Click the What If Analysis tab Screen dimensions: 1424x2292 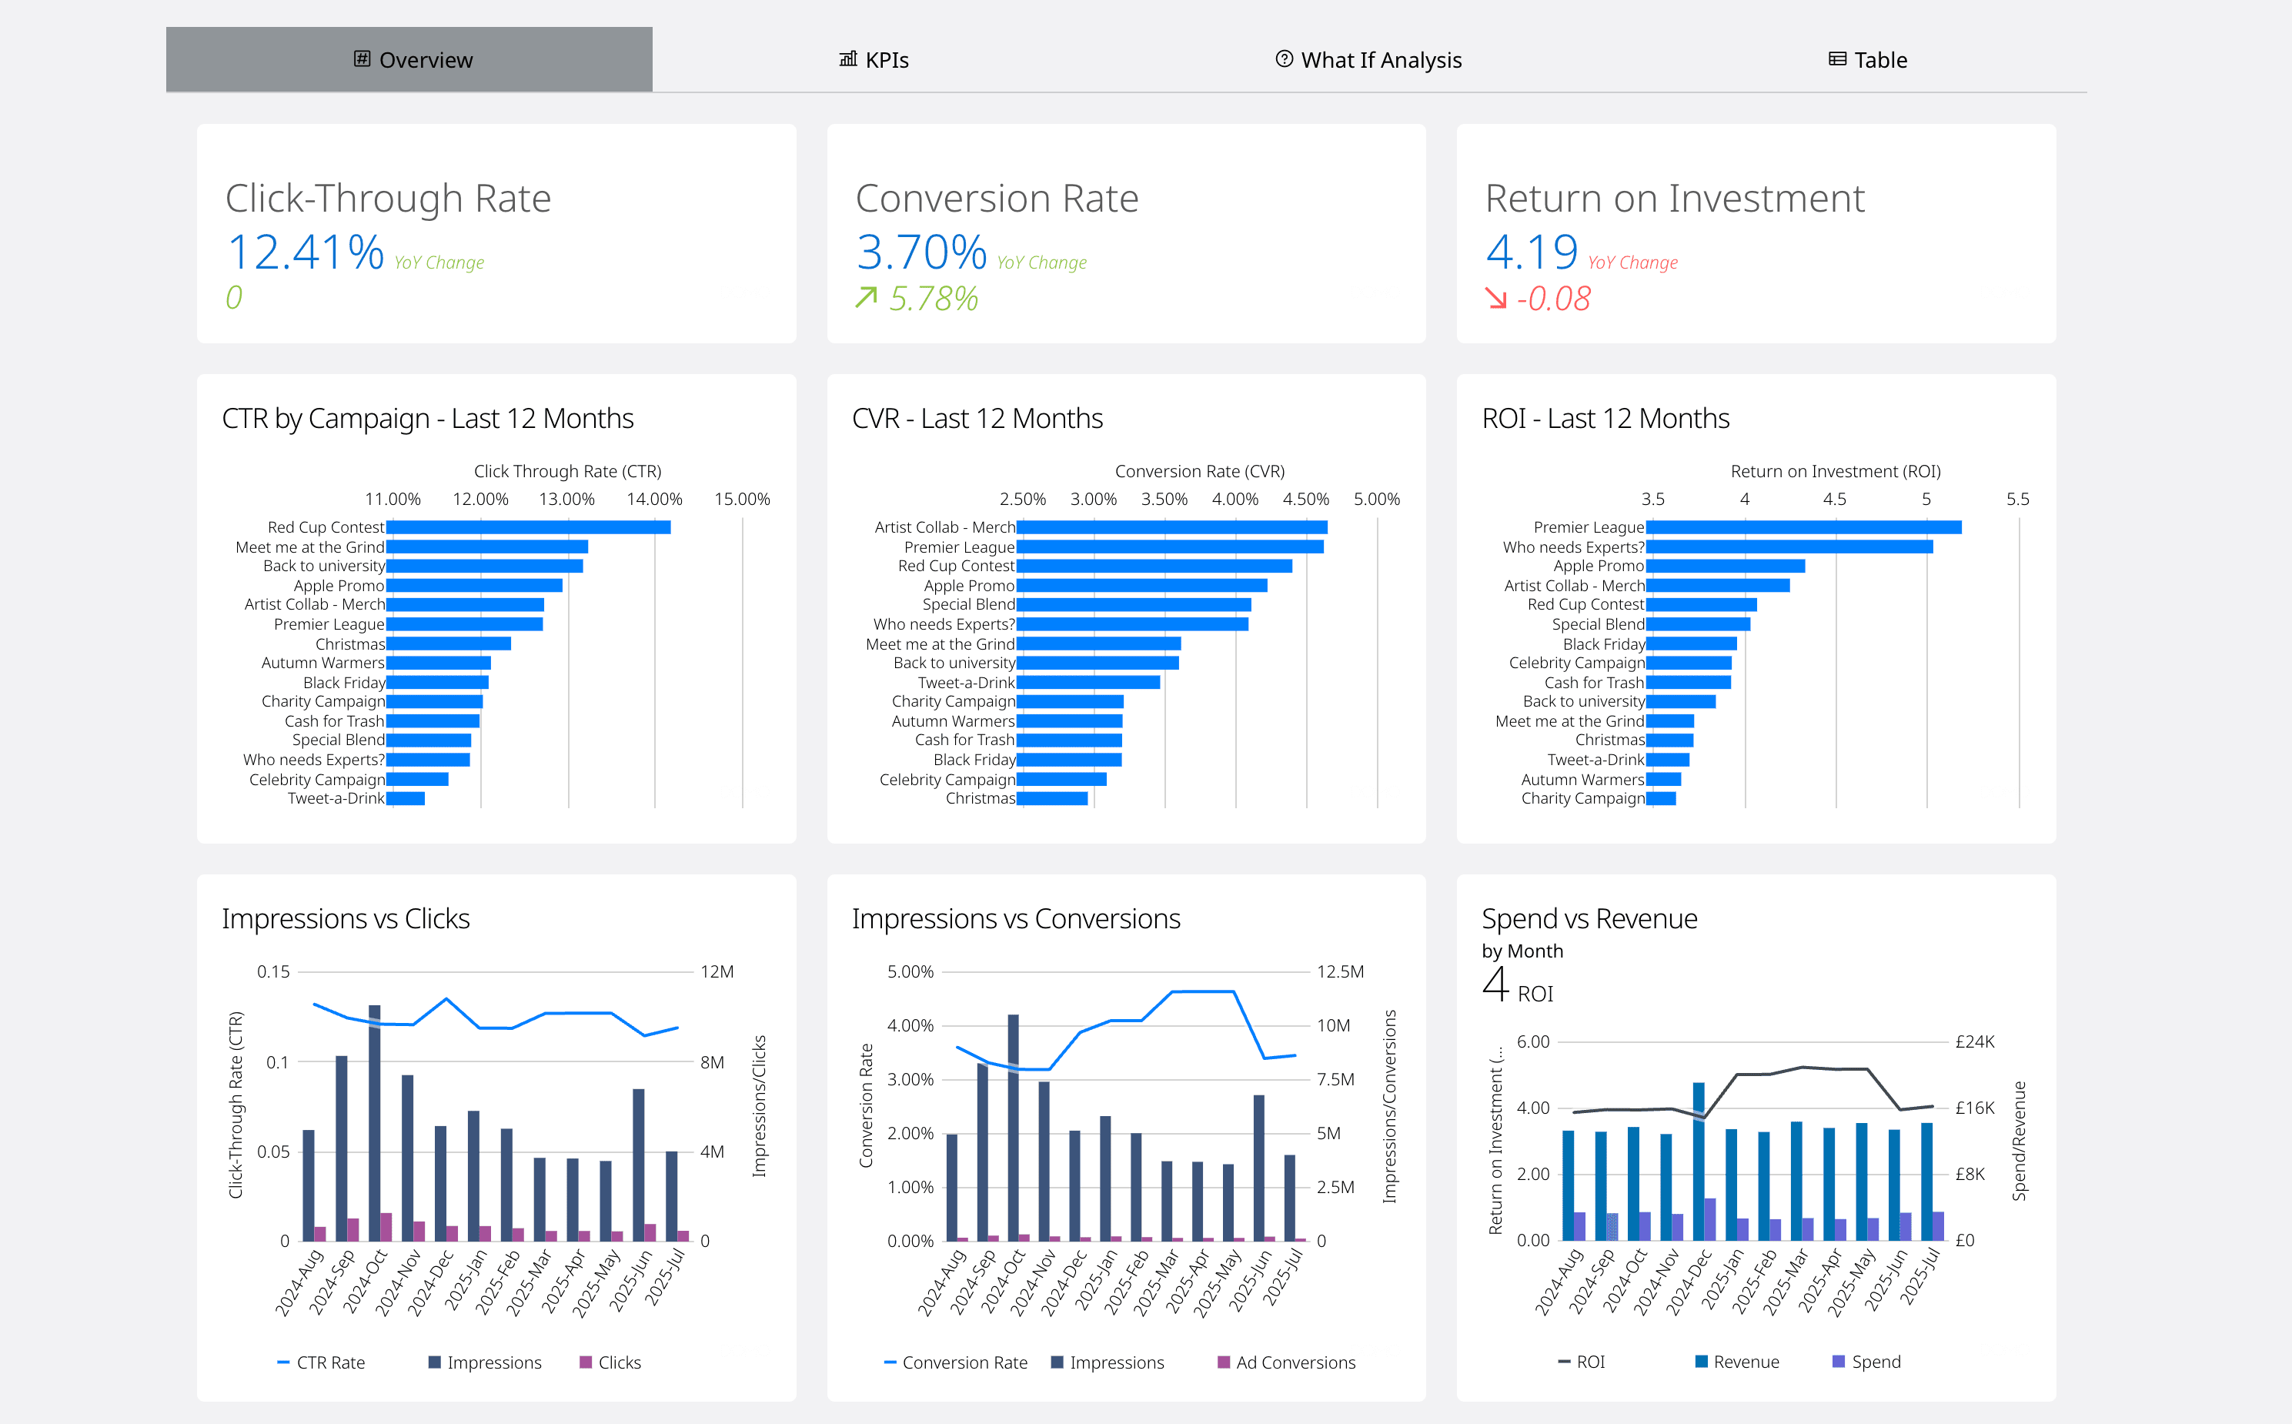(1368, 60)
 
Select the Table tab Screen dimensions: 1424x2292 (1868, 60)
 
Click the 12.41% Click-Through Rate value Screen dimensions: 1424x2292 (305, 252)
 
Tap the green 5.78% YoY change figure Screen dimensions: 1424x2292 (932, 299)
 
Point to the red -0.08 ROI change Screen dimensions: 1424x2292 (1553, 299)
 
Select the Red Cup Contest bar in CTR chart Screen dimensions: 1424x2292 (527, 527)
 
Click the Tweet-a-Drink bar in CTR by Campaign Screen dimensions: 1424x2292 (406, 799)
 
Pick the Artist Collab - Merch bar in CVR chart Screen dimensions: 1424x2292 (1171, 527)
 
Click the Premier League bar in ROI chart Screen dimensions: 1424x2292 (1803, 527)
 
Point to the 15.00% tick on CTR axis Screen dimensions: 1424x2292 (741, 499)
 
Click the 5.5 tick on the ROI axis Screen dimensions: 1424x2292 (2017, 499)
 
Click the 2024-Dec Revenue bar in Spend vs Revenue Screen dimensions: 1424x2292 (1698, 1160)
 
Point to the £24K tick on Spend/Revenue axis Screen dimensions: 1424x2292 (1975, 1041)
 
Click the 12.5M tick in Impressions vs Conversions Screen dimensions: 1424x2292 (1339, 972)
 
